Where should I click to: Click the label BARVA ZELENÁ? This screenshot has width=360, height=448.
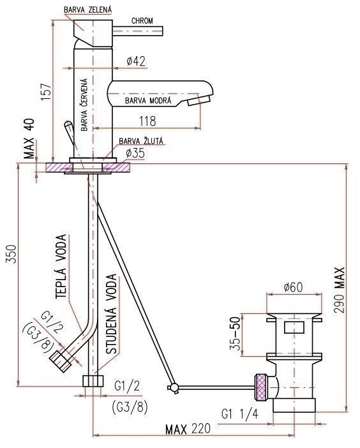(x=87, y=10)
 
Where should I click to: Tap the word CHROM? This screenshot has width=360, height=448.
(x=142, y=21)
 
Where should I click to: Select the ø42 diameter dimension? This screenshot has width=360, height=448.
(x=136, y=61)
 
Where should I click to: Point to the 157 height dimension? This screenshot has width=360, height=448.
(x=46, y=91)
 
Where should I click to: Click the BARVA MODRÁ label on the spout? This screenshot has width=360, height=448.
(x=148, y=101)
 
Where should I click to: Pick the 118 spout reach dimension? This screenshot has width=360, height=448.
(x=147, y=121)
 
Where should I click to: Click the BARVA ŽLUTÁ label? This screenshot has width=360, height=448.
(x=141, y=141)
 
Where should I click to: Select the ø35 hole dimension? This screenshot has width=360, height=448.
(x=135, y=153)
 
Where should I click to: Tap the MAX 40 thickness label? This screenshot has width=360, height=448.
(x=29, y=138)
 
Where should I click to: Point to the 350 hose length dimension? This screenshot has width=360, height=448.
(x=11, y=253)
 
